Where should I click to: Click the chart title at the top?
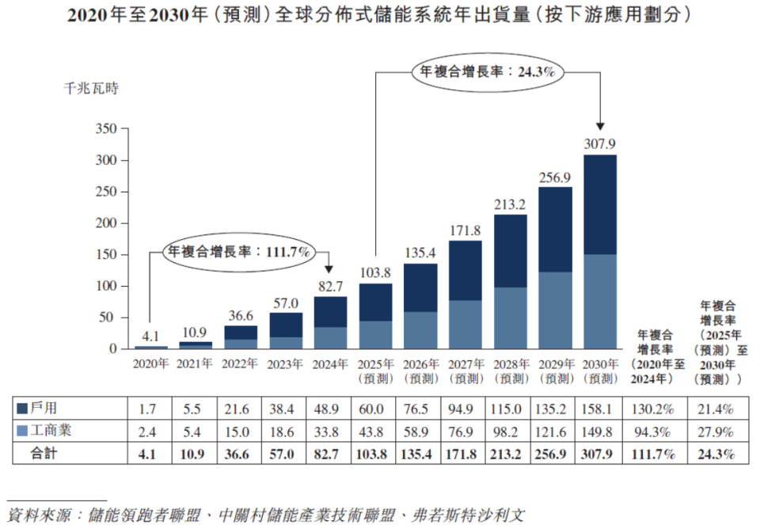379,15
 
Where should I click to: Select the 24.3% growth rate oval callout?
487,72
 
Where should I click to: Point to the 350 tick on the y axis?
106,129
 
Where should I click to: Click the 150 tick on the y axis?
106,255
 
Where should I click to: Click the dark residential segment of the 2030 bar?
600,204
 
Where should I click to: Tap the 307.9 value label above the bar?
600,144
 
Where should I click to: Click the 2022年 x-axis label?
241,365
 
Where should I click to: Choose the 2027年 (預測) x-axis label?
465,371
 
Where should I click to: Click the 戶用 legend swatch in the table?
23,409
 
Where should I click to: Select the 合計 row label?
51,455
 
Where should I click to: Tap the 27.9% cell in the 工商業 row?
716,432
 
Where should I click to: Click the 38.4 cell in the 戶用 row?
285,409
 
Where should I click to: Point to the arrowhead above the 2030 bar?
600,126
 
